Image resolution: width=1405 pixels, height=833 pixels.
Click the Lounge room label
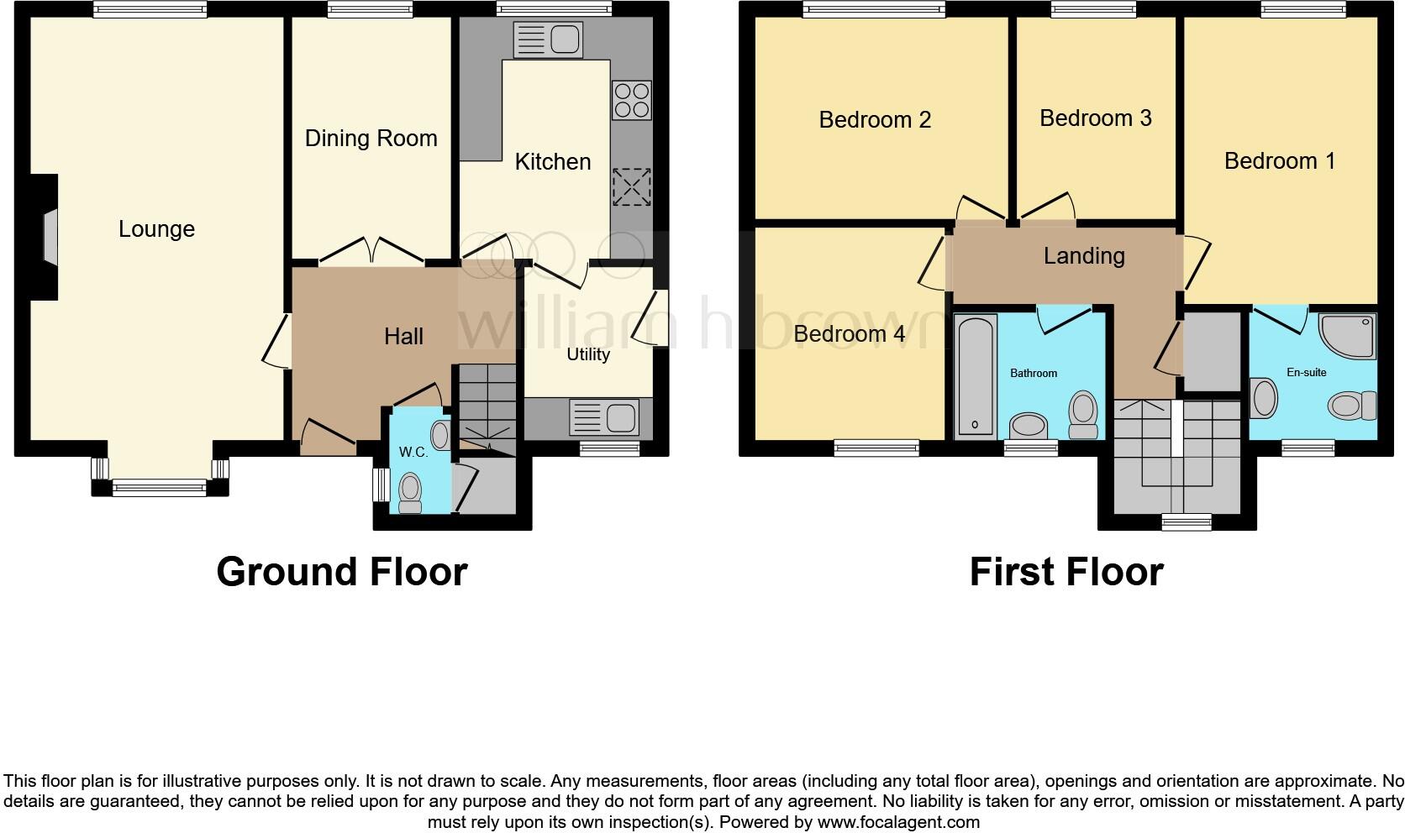coord(156,228)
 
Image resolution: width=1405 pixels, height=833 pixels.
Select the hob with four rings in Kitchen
coord(631,100)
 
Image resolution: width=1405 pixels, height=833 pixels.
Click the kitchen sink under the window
coord(548,39)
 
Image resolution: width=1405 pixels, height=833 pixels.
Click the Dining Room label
coord(371,139)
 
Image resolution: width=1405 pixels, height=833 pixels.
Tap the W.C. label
coord(413,452)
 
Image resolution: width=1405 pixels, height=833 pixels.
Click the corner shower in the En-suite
coord(1348,335)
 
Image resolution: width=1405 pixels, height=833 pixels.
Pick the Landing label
coord(1084,255)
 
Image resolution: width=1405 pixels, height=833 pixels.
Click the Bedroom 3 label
coord(1095,118)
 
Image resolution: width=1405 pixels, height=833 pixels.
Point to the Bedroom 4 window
coord(876,448)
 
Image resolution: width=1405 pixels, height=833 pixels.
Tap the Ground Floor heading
coord(341,572)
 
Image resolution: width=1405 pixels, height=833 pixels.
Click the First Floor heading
coord(1066,572)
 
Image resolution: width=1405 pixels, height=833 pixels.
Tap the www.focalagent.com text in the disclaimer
coord(897,822)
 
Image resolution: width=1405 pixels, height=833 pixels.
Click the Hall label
coord(403,336)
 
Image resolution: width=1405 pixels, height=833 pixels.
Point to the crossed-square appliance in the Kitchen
coord(631,186)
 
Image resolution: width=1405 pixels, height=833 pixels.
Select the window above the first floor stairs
coord(1187,522)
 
